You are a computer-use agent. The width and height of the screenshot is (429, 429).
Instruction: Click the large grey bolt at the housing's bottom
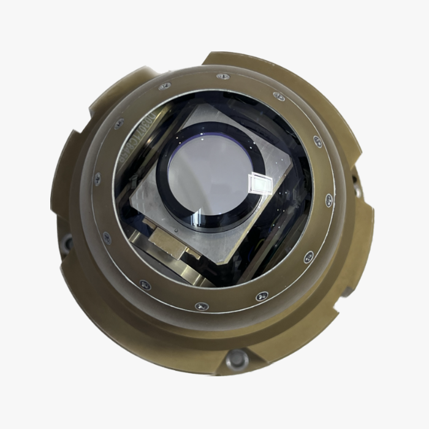[x=236, y=359]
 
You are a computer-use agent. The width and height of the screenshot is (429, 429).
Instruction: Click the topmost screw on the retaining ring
[x=224, y=77]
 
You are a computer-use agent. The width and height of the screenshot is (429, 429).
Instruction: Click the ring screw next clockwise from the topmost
[x=279, y=97]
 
